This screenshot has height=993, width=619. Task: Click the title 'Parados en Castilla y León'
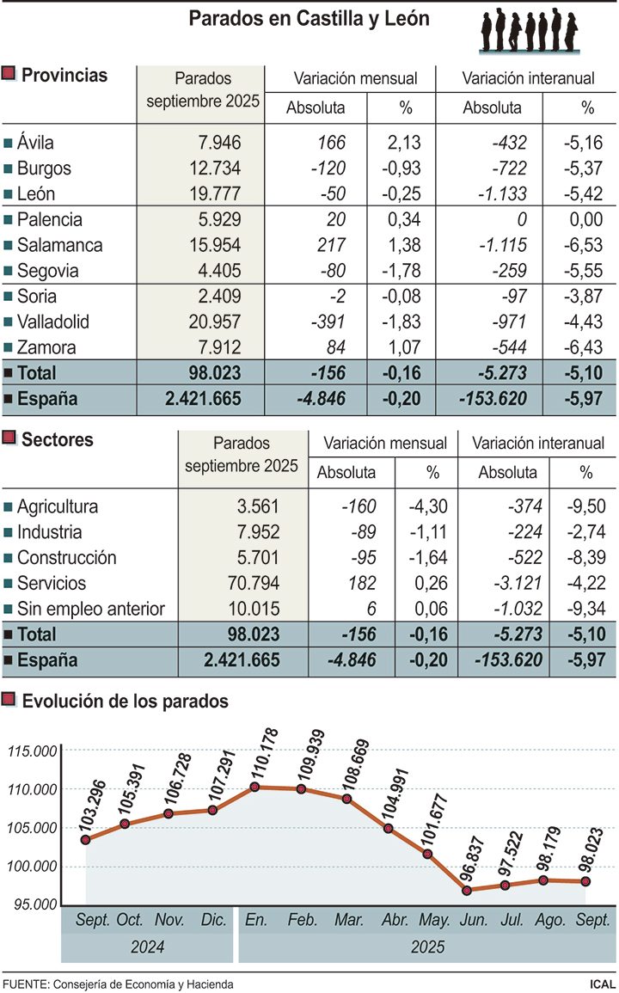309,18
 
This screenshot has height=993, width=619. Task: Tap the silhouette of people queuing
528,31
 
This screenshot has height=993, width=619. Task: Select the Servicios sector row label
52,583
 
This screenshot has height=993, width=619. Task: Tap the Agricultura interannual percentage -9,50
585,506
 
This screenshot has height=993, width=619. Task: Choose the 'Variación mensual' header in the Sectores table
385,444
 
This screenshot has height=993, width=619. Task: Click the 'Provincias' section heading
64,75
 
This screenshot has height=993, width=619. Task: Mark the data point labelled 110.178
255,786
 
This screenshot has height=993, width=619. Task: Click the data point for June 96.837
466,891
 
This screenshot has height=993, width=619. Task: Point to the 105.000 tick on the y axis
32,828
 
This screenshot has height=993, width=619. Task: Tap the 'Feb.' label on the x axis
302,921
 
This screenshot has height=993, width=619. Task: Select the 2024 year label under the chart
147,947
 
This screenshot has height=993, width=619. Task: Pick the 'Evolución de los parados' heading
125,701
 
